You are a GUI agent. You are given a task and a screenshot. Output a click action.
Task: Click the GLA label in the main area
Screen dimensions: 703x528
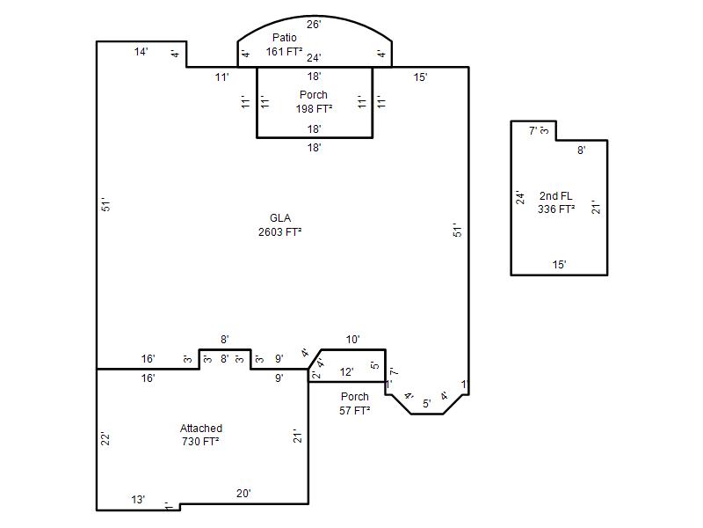(x=280, y=218)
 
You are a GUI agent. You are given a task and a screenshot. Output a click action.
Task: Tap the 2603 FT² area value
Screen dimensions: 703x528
(x=279, y=232)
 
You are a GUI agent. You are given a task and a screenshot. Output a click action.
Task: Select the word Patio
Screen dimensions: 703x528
(x=284, y=38)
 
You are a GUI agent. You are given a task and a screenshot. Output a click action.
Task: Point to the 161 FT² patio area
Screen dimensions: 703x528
(x=284, y=52)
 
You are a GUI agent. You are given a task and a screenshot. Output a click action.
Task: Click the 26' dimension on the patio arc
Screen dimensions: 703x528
(x=314, y=25)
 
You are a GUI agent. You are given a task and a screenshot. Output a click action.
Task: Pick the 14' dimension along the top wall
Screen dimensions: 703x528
(x=141, y=52)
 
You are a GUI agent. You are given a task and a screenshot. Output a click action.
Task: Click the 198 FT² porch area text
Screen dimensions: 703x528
(x=314, y=109)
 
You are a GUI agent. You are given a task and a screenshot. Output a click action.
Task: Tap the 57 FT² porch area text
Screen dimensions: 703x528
(x=355, y=411)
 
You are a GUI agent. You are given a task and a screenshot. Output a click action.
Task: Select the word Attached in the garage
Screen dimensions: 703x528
(x=201, y=429)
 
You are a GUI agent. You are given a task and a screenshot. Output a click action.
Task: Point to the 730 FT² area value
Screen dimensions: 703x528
(x=200, y=442)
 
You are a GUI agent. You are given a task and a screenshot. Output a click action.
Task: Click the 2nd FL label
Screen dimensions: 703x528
(x=556, y=196)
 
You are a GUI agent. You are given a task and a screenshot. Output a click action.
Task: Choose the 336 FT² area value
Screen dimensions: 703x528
(x=556, y=209)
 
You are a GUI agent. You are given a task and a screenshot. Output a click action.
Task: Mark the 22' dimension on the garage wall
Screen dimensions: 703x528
(x=105, y=438)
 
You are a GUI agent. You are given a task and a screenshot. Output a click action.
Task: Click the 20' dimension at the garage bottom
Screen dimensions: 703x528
(x=243, y=494)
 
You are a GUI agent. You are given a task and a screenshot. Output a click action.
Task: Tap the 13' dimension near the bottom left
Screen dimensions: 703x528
(x=138, y=500)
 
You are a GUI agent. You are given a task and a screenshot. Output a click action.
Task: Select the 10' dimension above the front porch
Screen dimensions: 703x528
(x=353, y=340)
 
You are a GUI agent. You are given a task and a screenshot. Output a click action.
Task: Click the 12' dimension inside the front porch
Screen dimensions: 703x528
(x=346, y=372)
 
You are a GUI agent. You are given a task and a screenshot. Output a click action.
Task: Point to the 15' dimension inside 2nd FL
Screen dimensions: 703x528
(x=559, y=265)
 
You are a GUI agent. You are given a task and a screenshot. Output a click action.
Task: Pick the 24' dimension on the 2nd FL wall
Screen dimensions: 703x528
(x=520, y=197)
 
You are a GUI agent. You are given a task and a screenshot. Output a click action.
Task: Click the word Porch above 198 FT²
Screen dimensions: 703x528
(x=314, y=95)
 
